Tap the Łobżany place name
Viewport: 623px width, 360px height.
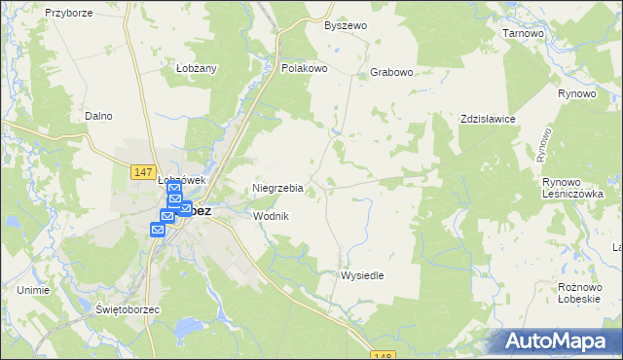(196, 68)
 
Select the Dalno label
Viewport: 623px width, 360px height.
(98, 116)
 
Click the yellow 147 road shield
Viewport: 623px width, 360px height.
(142, 172)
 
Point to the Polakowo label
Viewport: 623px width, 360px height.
(304, 69)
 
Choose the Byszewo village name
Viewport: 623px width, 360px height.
(346, 25)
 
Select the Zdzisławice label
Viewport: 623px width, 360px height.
(488, 119)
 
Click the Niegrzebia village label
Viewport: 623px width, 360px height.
(278, 188)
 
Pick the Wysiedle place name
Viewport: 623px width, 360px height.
(362, 275)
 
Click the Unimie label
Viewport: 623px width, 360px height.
(33, 290)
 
